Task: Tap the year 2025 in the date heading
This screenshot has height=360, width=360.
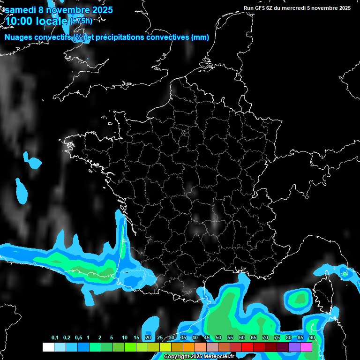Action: click(100, 9)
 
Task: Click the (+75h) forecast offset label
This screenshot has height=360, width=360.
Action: click(81, 21)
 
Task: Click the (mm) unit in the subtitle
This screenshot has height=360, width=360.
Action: click(200, 37)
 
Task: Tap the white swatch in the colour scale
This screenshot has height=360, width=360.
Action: click(48, 347)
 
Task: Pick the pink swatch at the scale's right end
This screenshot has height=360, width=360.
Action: click(306, 347)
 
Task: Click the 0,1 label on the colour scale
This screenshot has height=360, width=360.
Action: click(55, 338)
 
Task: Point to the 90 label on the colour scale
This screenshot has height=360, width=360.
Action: click(312, 338)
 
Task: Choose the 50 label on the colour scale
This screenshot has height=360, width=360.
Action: click(218, 338)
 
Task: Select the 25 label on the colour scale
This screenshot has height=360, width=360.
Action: click(160, 338)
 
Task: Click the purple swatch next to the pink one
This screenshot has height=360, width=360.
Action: click(294, 347)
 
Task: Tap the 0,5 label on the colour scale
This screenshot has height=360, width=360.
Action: click(78, 338)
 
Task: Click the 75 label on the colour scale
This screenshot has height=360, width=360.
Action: click(277, 338)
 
